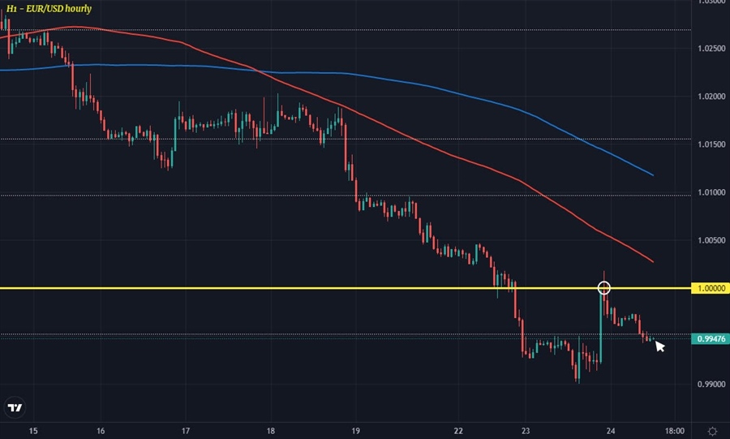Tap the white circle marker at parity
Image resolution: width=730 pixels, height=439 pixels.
point(603,287)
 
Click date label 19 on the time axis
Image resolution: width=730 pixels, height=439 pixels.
point(356,431)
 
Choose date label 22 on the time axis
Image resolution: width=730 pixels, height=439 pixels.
point(459,431)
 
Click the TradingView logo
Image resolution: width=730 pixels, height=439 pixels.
point(15,407)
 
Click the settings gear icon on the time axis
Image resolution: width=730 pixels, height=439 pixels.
point(711,431)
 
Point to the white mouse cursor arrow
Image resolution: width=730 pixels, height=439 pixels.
point(659,346)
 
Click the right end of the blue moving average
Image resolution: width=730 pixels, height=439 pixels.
point(653,174)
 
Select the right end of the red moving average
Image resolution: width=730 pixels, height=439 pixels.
point(653,261)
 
